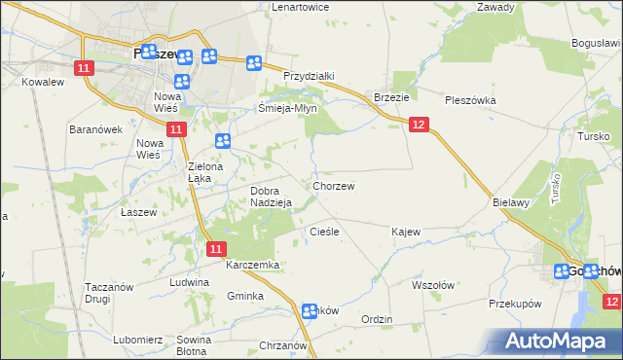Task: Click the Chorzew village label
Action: (x=333, y=186)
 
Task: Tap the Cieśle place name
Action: (x=323, y=232)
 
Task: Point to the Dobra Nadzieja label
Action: (x=272, y=197)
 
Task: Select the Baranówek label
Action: (x=94, y=128)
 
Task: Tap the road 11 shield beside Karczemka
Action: (x=217, y=249)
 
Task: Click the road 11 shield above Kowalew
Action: (x=84, y=67)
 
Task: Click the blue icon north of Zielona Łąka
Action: (x=223, y=141)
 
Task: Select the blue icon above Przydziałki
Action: (x=254, y=64)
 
